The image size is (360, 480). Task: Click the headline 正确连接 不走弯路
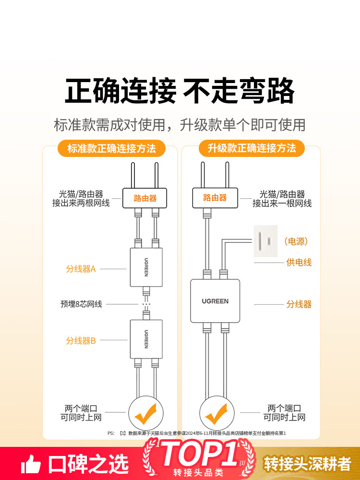tap(180, 91)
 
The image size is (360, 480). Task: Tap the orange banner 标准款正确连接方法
tap(111, 148)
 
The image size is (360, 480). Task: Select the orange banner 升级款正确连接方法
tap(252, 148)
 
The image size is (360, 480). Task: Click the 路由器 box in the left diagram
tap(145, 198)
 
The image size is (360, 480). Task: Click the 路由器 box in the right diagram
tap(215, 198)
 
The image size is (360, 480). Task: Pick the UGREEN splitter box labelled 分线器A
tap(146, 267)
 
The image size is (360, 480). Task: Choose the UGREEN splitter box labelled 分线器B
tap(146, 339)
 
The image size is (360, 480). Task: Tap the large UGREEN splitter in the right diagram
tap(215, 301)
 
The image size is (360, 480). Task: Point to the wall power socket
tap(265, 241)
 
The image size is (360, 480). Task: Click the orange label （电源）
tap(296, 241)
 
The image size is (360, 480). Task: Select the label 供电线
tap(299, 263)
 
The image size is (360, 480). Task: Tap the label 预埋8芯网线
tap(81, 304)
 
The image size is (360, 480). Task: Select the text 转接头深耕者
tap(308, 464)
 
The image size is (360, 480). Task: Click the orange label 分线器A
tap(81, 269)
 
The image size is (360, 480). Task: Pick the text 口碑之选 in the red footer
tap(88, 464)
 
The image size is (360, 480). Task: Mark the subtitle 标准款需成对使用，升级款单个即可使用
tap(180, 125)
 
